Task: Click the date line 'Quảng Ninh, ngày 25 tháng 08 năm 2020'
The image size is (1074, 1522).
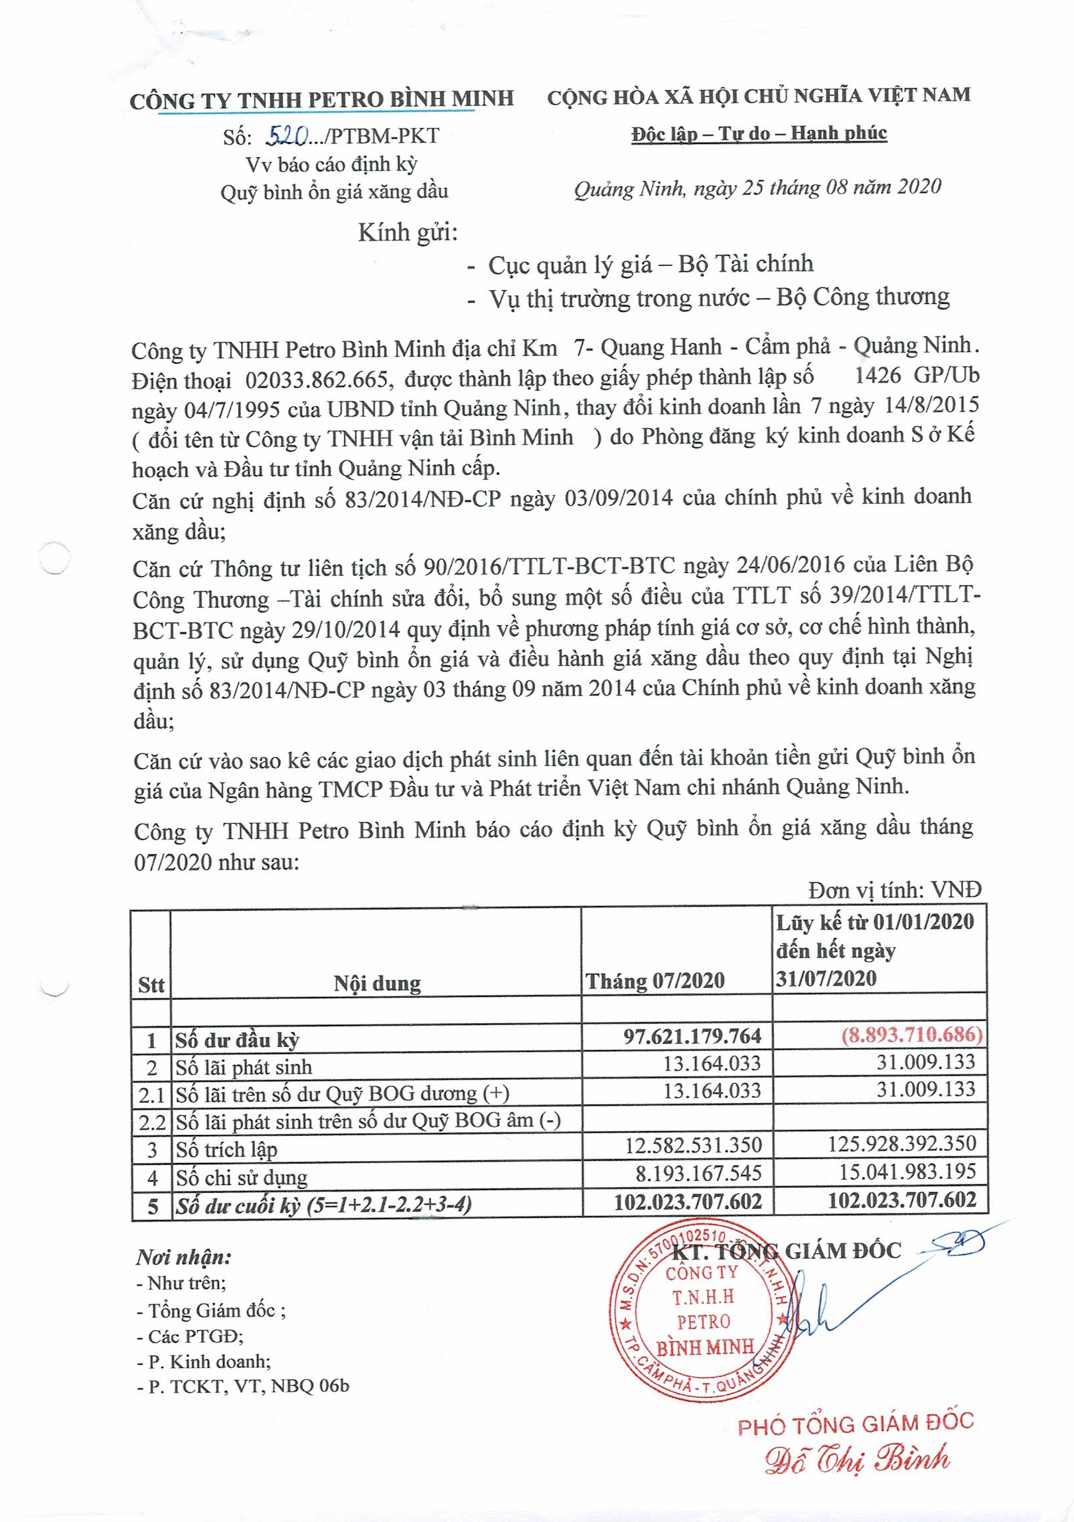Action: [757, 189]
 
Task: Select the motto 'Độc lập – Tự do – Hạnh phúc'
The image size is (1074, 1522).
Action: [759, 134]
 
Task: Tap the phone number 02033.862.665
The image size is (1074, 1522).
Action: [316, 380]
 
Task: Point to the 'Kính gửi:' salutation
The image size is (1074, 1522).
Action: [408, 232]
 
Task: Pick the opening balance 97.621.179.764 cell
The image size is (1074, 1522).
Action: [692, 1036]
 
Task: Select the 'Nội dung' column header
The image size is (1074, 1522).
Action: [377, 983]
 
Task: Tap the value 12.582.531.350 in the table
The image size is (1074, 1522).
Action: [694, 1144]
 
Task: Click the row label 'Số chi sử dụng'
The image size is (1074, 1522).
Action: [242, 1178]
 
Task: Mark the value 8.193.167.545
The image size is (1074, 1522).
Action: [698, 1173]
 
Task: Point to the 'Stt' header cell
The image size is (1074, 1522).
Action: [151, 984]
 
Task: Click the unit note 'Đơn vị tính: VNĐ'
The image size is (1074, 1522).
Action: [894, 890]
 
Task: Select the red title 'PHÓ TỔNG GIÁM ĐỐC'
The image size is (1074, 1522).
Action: [856, 1423]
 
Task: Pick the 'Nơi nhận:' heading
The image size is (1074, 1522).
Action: [183, 1257]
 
